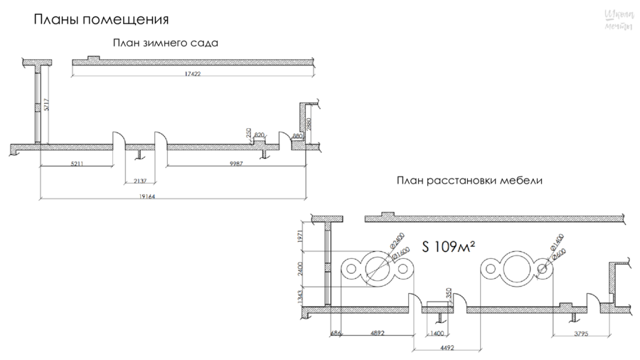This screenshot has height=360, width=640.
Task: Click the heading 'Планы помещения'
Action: (x=102, y=18)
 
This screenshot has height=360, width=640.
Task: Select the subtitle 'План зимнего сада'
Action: (x=165, y=43)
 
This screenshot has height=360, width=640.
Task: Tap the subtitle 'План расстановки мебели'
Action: (x=469, y=181)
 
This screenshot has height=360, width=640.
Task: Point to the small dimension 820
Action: (x=259, y=134)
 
